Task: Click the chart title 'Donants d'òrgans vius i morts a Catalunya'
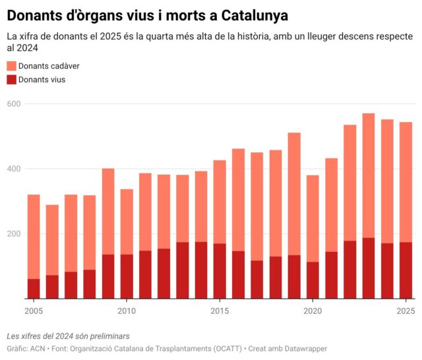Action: point(147,14)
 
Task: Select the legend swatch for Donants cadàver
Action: point(11,66)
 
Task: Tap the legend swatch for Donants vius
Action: point(11,80)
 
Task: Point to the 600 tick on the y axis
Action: point(14,104)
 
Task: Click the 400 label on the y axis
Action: point(14,169)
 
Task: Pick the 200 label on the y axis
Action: point(14,233)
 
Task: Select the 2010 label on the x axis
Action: point(127,311)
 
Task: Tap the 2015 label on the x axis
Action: point(220,311)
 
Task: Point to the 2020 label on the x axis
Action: point(313,311)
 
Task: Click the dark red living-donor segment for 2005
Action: point(34,289)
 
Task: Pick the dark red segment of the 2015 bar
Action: point(220,271)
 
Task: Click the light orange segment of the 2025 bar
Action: point(406,182)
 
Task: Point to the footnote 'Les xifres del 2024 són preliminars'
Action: point(69,336)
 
